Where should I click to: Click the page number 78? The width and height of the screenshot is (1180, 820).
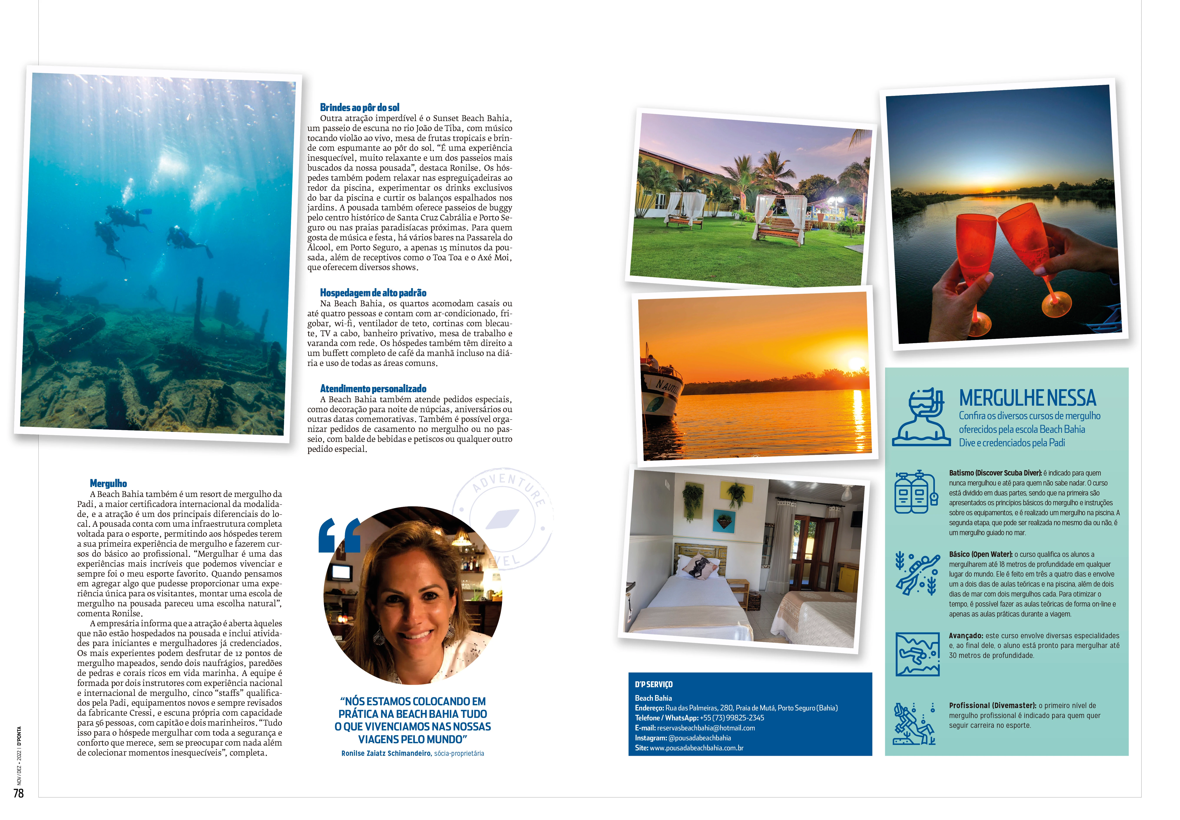coord(18,793)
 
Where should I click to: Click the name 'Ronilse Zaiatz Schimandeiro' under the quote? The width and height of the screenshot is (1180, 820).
coord(386,753)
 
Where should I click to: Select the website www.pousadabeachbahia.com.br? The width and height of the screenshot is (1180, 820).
coord(696,748)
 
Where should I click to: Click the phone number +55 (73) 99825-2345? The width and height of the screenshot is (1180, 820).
coord(732,718)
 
